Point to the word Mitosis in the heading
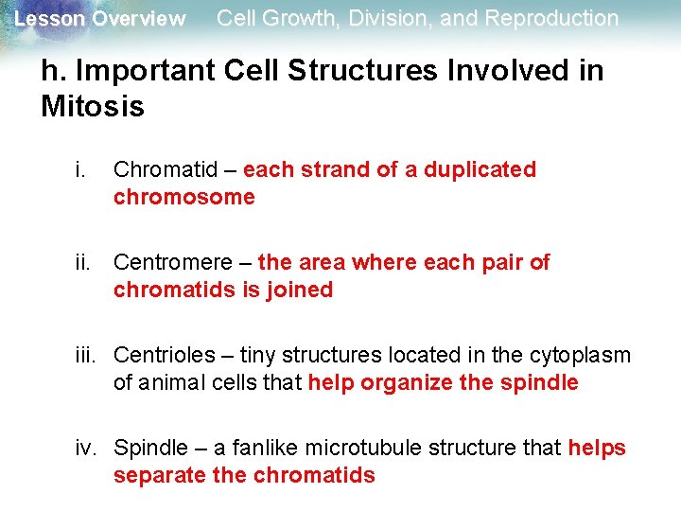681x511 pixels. click(93, 107)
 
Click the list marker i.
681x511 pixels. click(79, 170)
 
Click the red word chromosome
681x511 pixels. click(183, 197)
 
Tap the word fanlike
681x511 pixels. click(232, 448)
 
